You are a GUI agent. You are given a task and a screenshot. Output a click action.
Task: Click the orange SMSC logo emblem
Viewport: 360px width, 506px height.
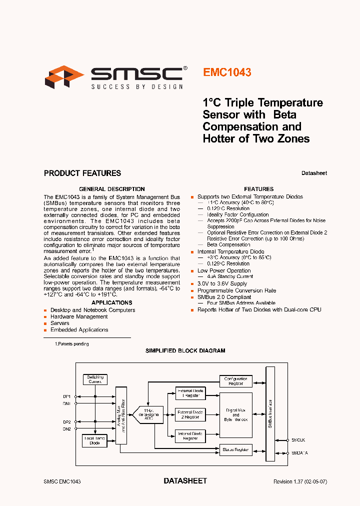pyautogui.click(x=64, y=78)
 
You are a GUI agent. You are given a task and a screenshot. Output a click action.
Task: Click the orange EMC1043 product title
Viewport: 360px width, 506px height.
pyautogui.click(x=227, y=72)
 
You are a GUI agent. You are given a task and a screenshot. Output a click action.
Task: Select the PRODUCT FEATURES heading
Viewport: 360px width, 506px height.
pyautogui.click(x=82, y=173)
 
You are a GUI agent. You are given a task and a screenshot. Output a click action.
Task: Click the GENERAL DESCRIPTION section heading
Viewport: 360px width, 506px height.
pyautogui.click(x=112, y=189)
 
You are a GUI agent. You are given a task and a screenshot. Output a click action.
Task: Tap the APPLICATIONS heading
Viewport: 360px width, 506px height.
pyautogui.click(x=112, y=302)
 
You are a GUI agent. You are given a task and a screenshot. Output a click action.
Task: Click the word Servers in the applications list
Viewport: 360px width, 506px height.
pyautogui.click(x=60, y=323)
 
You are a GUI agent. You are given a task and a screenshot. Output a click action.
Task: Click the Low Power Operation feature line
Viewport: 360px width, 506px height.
pyautogui.click(x=224, y=270)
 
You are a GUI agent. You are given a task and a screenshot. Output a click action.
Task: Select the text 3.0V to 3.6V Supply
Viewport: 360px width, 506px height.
pyautogui.click(x=222, y=283)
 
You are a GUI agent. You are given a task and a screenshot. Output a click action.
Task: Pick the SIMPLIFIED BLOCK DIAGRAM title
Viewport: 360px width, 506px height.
pyautogui.click(x=185, y=351)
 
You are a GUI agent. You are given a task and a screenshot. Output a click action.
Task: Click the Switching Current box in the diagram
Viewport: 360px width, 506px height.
pyautogui.click(x=95, y=379)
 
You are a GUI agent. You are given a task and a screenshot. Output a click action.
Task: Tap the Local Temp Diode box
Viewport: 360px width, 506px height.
pyautogui.click(x=95, y=440)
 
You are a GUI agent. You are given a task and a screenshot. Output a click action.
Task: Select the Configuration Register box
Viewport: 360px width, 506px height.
pyautogui.click(x=236, y=381)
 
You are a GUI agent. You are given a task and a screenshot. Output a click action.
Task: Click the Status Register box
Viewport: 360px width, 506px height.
pyautogui.click(x=236, y=450)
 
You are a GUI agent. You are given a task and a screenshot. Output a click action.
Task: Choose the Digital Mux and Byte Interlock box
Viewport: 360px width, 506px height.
pyautogui.click(x=236, y=415)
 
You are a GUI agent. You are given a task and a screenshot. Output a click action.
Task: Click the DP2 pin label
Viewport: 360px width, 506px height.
pyautogui.click(x=66, y=421)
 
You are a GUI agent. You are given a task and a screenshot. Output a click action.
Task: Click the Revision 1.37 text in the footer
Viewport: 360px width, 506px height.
pyautogui.click(x=300, y=481)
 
